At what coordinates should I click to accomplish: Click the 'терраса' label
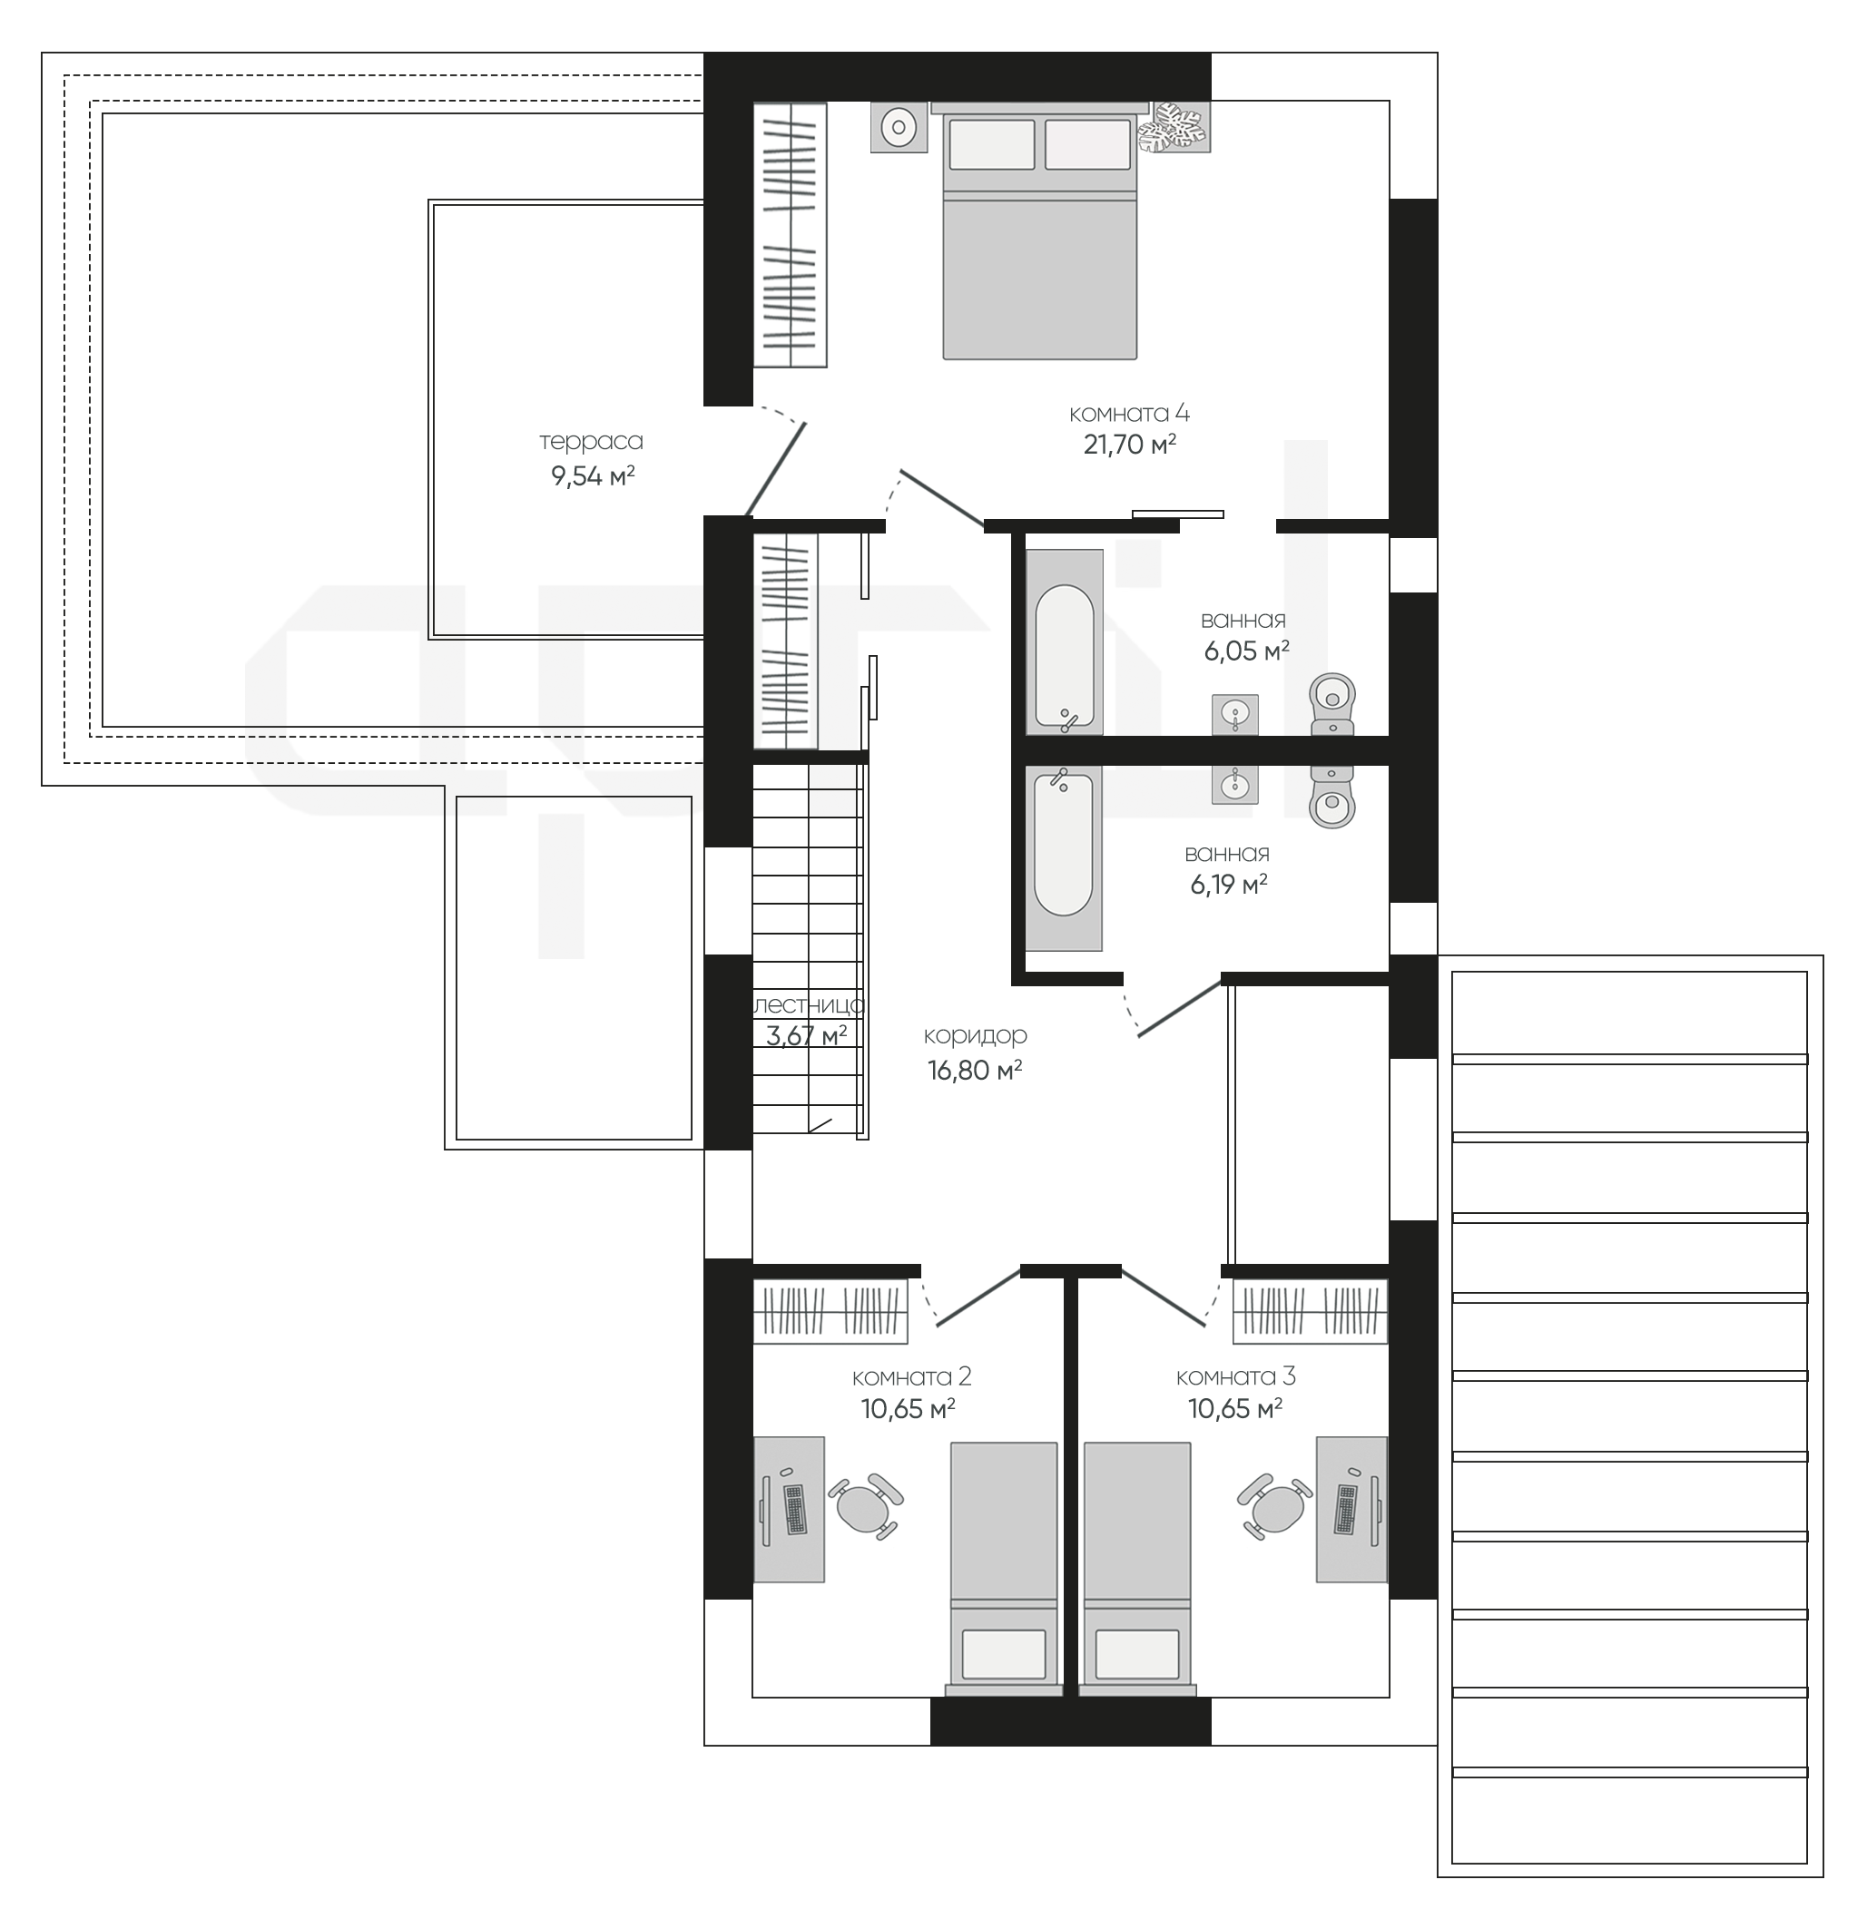[x=591, y=442]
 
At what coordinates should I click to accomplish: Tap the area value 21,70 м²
[x=1129, y=445]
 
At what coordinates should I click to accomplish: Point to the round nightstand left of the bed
[x=899, y=127]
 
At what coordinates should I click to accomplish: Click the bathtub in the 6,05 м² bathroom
[x=1064, y=641]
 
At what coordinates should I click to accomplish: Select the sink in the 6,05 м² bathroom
[x=1235, y=715]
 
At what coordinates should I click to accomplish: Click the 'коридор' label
[x=976, y=1035]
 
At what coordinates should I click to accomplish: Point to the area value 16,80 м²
[x=976, y=1071]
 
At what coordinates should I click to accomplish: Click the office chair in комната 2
[x=865, y=1506]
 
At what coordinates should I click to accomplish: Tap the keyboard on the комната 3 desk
[x=1347, y=1508]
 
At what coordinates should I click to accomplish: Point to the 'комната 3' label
[x=1235, y=1376]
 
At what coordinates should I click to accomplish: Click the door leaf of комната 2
[x=978, y=1297]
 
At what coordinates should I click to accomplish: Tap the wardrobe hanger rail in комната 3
[x=1310, y=1310]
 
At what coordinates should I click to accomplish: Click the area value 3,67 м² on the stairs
[x=807, y=1035]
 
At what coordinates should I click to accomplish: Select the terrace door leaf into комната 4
[x=776, y=468]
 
